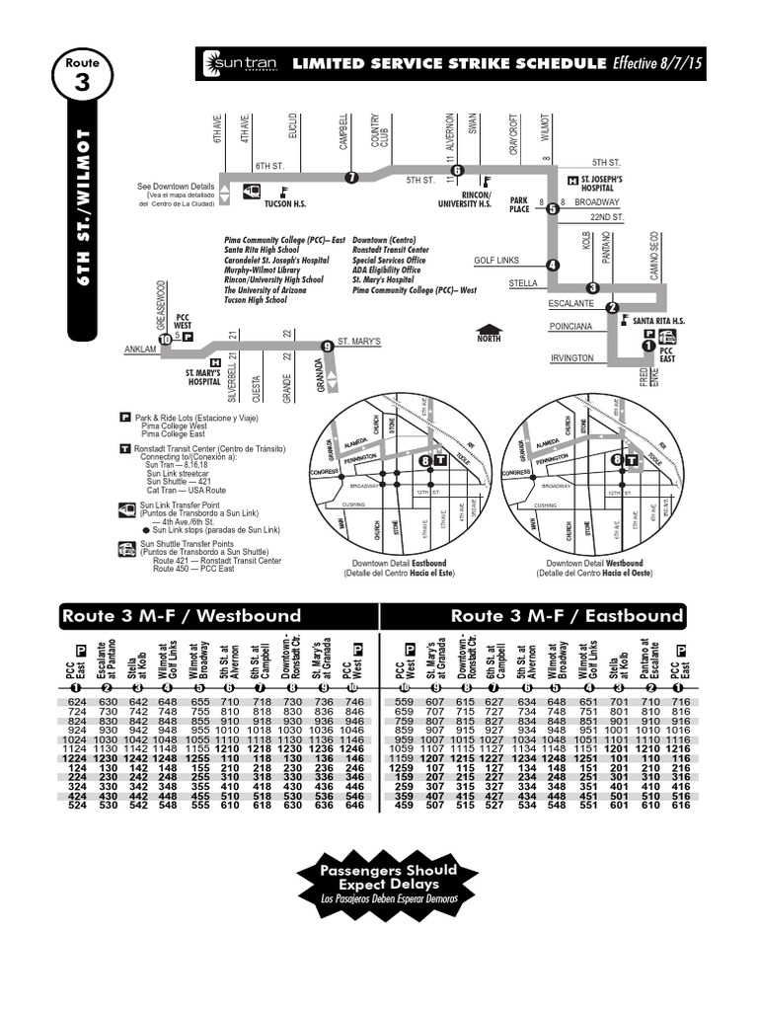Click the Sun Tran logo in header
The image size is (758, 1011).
(x=233, y=64)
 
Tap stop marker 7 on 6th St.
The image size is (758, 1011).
(x=351, y=177)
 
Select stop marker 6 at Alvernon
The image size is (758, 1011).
(x=457, y=170)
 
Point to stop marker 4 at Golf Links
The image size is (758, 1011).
(x=552, y=264)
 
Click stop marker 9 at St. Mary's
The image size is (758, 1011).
(x=326, y=345)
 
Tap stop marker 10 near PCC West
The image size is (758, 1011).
(x=165, y=339)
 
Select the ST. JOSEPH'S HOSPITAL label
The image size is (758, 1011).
(x=604, y=183)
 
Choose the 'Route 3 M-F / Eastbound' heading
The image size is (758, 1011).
(x=567, y=616)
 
